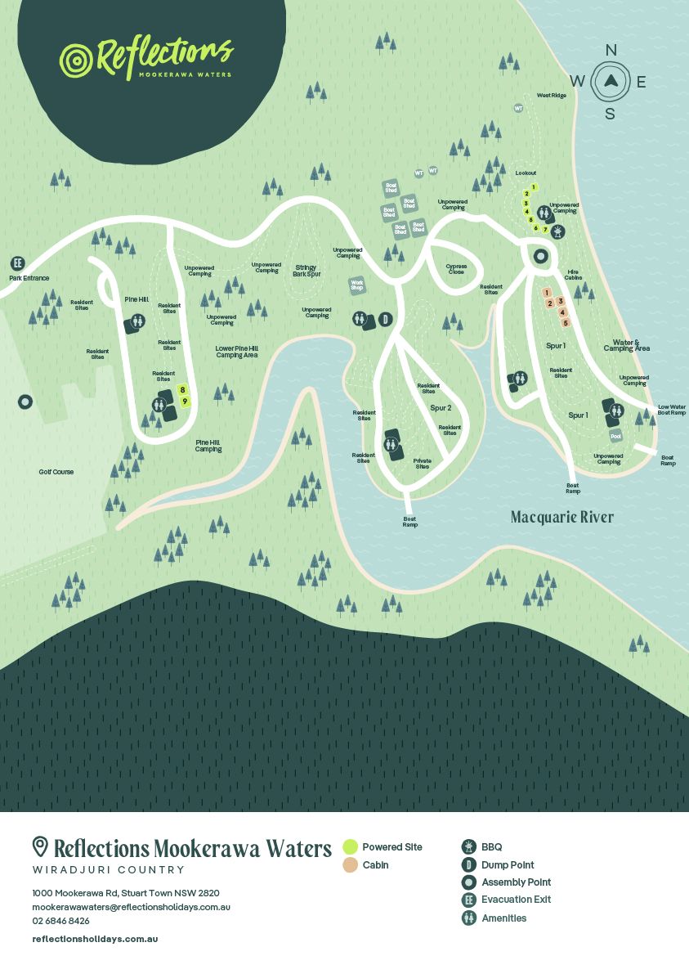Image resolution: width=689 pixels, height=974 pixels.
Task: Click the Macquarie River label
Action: tap(561, 517)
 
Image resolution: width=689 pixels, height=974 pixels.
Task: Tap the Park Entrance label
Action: tap(29, 279)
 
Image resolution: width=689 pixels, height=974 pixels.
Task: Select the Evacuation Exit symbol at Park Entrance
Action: tap(16, 263)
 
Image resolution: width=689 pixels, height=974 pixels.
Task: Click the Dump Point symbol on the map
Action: tap(386, 320)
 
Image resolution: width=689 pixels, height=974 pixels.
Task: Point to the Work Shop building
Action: tap(356, 285)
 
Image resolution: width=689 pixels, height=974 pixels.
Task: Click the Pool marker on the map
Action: tap(615, 437)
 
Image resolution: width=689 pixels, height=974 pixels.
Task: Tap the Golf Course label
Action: tap(56, 472)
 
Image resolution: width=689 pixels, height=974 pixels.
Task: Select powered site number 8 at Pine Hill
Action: tap(183, 390)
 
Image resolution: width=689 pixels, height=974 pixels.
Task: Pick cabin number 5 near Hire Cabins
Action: tap(565, 322)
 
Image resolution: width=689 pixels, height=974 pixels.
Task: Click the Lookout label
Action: tap(526, 173)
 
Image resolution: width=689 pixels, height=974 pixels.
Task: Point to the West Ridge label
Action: tap(551, 96)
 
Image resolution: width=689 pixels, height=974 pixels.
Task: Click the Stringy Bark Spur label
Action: tap(305, 270)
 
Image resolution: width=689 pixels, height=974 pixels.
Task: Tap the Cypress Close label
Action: tap(456, 269)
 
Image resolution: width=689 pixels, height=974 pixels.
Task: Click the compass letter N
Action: tap(611, 51)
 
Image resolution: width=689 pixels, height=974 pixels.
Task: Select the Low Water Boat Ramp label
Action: tap(672, 410)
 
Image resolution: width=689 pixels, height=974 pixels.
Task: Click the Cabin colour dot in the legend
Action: tap(350, 864)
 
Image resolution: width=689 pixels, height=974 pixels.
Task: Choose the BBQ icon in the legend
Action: tap(468, 846)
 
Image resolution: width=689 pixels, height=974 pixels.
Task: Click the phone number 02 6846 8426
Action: tap(60, 921)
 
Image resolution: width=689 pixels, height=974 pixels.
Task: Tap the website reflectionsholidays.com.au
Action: tap(95, 939)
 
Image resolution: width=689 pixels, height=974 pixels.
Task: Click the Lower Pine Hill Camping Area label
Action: tap(236, 352)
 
